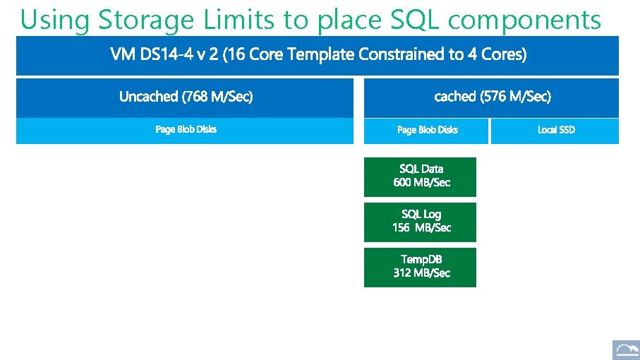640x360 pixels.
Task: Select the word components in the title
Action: [524, 20]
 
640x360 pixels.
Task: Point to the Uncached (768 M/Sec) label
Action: [186, 97]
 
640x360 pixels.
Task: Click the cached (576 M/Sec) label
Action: [493, 96]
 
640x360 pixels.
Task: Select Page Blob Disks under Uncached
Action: [186, 130]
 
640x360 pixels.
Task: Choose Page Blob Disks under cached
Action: [427, 130]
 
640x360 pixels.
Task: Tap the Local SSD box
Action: [555, 130]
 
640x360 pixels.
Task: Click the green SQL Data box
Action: [421, 176]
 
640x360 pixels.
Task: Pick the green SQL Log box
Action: [421, 222]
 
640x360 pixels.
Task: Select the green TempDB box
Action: [421, 267]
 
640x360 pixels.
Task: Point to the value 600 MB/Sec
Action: [421, 183]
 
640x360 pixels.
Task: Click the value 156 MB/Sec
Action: [421, 228]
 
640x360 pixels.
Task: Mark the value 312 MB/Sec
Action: [421, 273]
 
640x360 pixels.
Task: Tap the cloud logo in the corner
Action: [624, 349]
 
